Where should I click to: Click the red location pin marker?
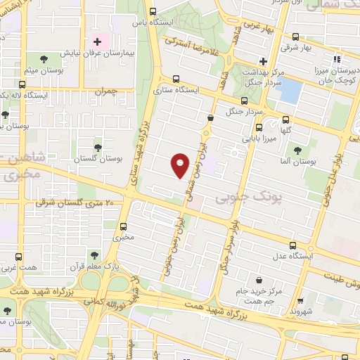click(180, 164)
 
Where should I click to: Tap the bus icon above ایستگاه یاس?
click(154, 11)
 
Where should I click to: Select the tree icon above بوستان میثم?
click(44, 58)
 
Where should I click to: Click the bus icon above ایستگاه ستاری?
click(174, 80)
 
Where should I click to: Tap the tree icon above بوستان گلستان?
click(96, 148)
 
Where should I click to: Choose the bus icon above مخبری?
click(124, 226)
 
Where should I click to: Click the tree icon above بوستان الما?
click(297, 150)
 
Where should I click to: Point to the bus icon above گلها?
click(285, 120)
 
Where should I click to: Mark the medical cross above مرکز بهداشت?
click(263, 61)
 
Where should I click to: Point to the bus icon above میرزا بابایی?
click(259, 128)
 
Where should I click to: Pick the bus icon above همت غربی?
click(19, 255)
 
